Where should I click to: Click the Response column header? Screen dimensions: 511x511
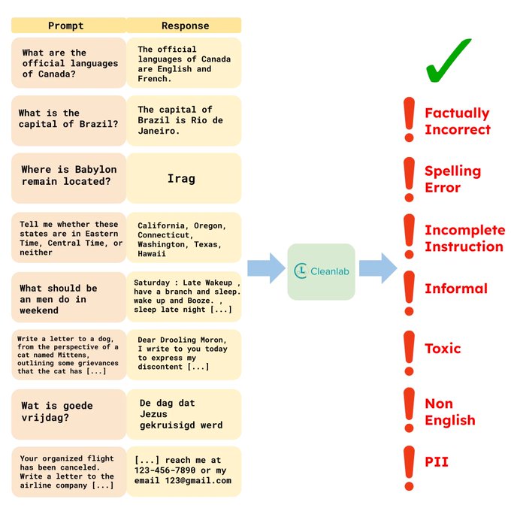coord(184,26)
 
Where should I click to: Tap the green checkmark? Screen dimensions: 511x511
coord(448,60)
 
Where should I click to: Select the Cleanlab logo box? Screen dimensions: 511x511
coord(322,271)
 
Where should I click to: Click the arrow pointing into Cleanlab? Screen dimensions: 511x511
coord(266,268)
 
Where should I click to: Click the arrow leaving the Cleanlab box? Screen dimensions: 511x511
coord(378,268)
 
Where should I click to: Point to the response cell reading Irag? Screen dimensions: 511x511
coord(184,178)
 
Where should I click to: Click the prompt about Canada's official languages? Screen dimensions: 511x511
coord(68,63)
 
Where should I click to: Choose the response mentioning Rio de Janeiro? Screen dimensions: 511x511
coord(184,120)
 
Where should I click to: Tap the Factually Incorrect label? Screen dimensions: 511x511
coord(458,121)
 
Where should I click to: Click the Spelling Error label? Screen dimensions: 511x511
coord(452,179)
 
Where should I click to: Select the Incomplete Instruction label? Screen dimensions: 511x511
coord(465,238)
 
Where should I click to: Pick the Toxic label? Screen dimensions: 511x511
coord(443,349)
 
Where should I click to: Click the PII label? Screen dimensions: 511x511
coord(437,462)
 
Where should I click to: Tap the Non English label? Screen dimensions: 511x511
coord(450,412)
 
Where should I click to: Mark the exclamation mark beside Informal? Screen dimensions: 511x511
coord(409,293)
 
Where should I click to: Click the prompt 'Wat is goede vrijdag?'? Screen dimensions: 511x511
coord(68,415)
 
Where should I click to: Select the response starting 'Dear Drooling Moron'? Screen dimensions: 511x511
coord(184,355)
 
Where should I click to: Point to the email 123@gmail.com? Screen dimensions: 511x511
coord(198,481)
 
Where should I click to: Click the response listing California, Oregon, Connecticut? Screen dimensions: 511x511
coord(184,237)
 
